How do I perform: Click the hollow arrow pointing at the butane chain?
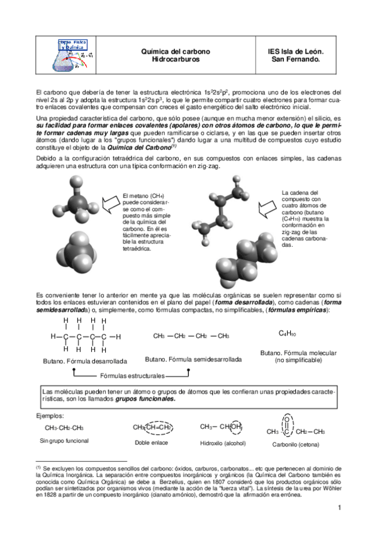269,205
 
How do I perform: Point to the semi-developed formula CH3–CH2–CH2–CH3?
191,336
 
